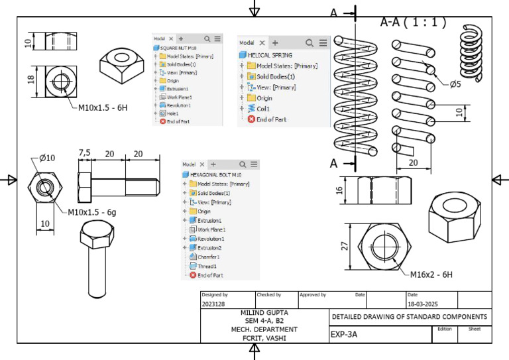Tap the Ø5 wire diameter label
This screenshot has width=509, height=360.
[x=454, y=84]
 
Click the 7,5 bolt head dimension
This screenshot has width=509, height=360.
[x=85, y=152]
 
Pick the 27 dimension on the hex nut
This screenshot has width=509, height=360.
[x=345, y=247]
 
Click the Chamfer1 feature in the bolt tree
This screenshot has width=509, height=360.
[x=209, y=257]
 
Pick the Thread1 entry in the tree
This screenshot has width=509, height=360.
[x=207, y=266]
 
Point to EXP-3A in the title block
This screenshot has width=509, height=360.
[x=344, y=335]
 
